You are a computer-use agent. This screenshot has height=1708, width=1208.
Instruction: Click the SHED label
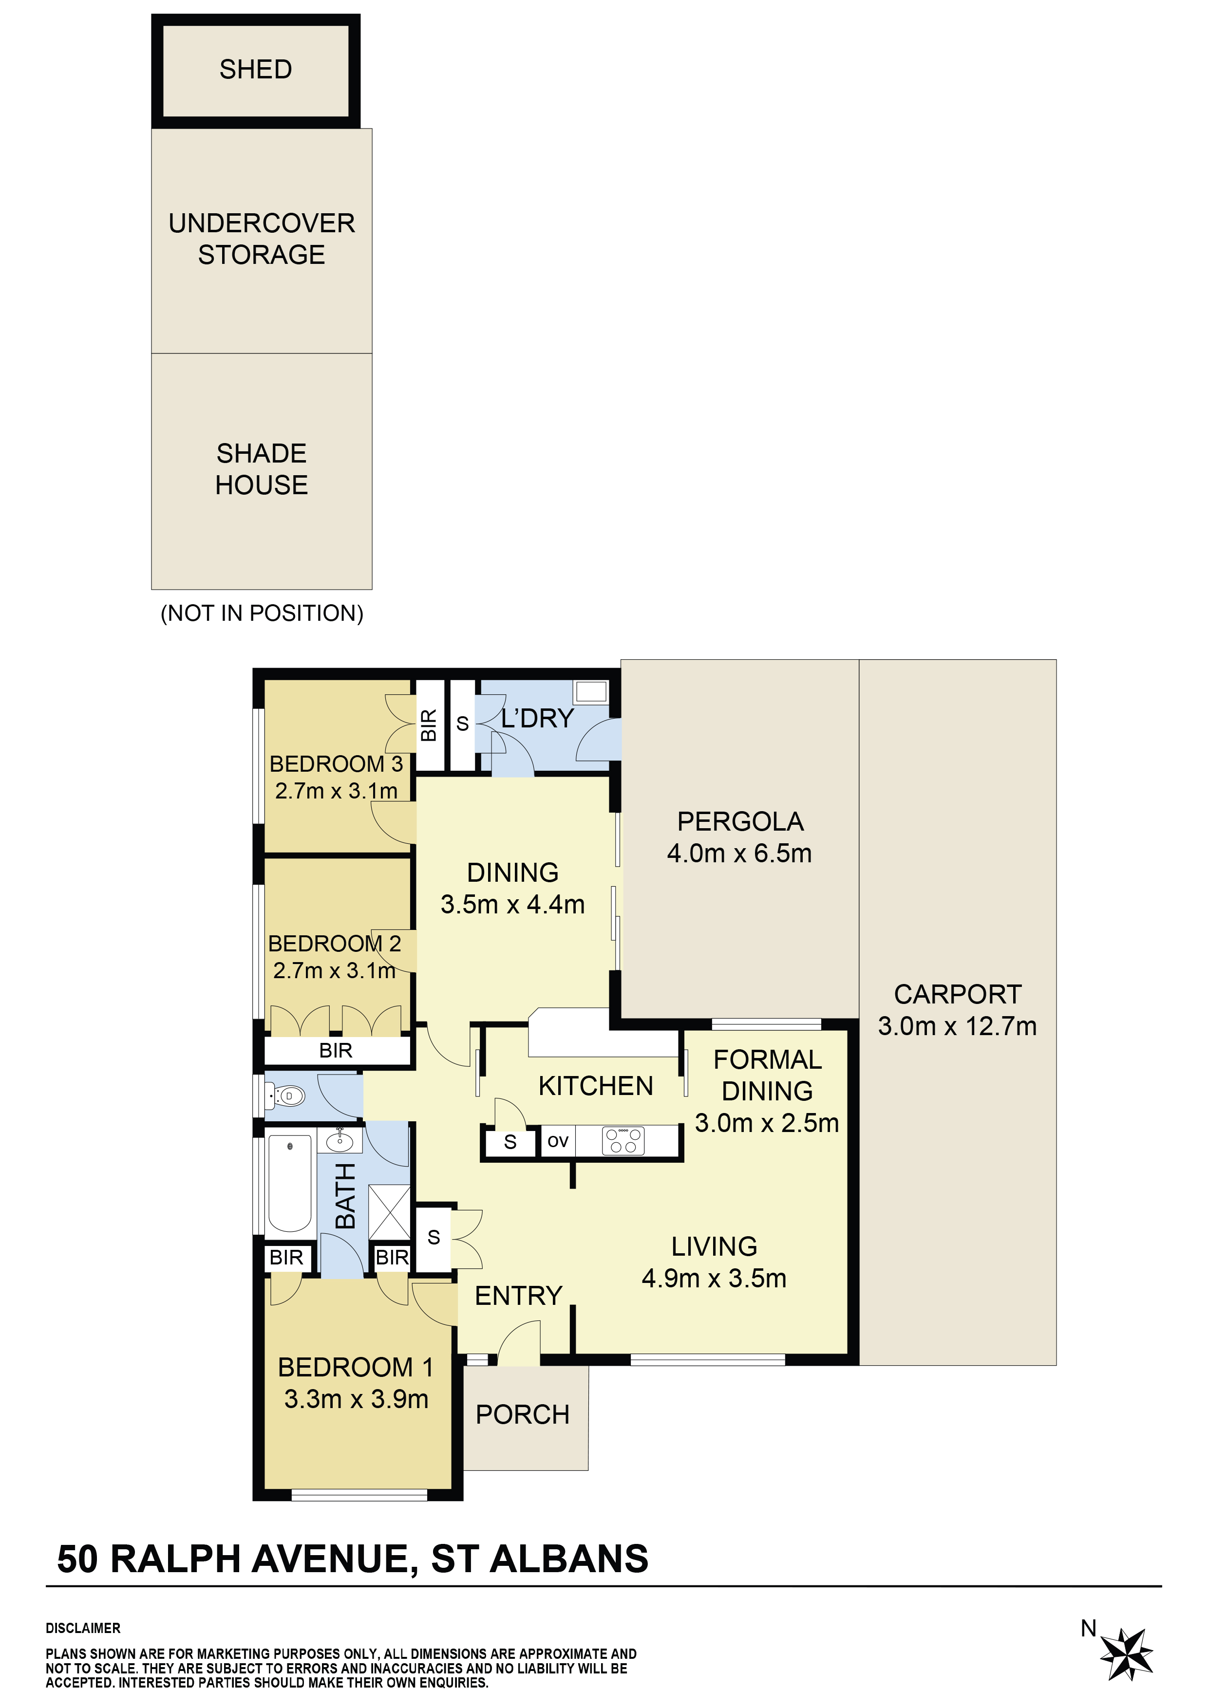point(255,69)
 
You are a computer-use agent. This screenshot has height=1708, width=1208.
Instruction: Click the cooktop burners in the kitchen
point(623,1140)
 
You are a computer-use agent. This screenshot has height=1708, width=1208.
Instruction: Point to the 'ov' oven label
point(557,1141)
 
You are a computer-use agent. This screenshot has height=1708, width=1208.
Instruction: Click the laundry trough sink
point(591,692)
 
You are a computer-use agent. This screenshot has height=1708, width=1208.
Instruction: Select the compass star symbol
point(1126,1653)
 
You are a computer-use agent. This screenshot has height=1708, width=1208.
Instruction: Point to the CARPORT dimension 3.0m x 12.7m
point(957,1026)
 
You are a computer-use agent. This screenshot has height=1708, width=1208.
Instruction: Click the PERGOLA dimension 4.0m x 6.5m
point(739,853)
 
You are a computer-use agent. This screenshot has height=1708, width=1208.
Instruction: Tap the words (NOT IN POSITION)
point(262,613)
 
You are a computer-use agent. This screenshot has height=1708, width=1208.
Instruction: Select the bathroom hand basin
point(340,1140)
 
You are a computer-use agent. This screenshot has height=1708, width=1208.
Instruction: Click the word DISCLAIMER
point(83,1628)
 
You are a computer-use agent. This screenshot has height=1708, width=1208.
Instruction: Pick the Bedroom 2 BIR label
point(336,1050)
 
